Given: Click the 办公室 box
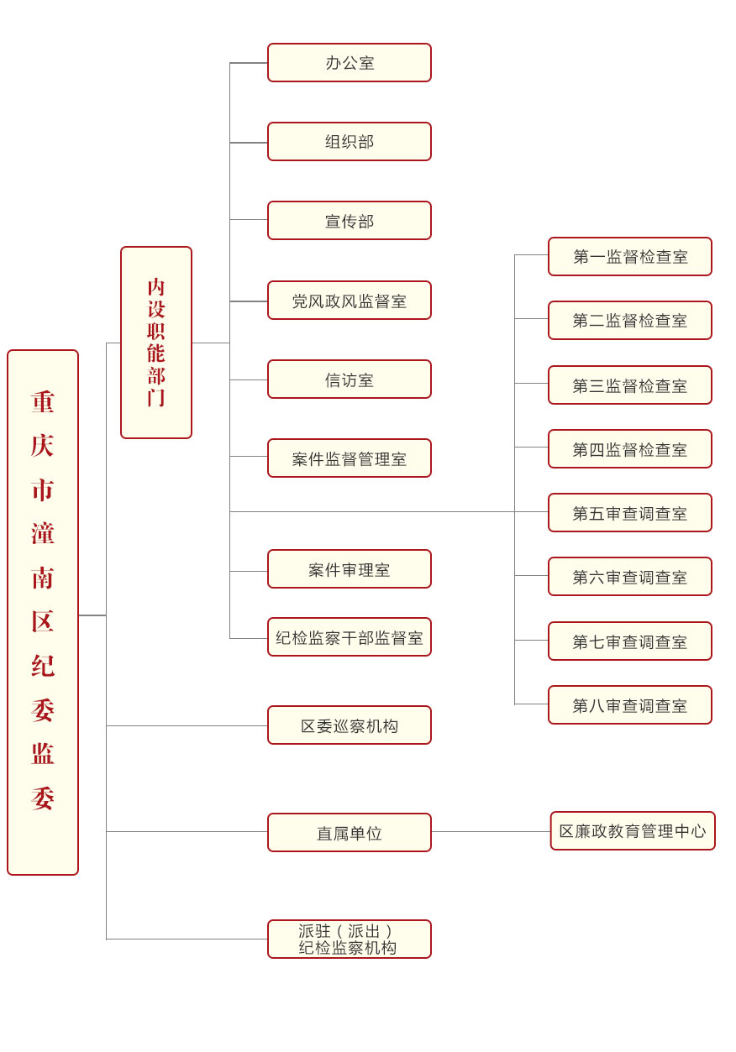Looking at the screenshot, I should click(349, 63).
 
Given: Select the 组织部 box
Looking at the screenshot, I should click(349, 142).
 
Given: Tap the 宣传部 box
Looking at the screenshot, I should click(349, 221).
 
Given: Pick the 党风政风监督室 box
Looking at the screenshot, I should click(349, 301).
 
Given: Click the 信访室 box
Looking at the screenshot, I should click(349, 379).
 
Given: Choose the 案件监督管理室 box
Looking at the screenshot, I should click(349, 458).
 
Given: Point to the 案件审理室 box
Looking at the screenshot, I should click(349, 569).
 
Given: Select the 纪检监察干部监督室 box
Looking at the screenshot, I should click(349, 637).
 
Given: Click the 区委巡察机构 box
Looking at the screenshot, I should click(349, 725).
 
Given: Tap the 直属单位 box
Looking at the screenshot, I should click(349, 833).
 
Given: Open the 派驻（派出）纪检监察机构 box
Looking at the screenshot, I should click(349, 939).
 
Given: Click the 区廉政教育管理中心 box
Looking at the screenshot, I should click(633, 831).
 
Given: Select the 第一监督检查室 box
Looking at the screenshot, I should click(630, 257).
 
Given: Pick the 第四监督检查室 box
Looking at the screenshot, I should click(630, 449).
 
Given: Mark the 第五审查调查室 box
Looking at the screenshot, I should click(630, 513).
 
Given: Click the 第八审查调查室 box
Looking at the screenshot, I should click(630, 705).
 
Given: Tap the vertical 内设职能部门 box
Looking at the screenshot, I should click(156, 343).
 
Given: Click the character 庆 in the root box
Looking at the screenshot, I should click(43, 446).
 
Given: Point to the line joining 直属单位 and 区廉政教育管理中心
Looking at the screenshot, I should click(491, 832).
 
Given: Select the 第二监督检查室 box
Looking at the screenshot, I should click(630, 321).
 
